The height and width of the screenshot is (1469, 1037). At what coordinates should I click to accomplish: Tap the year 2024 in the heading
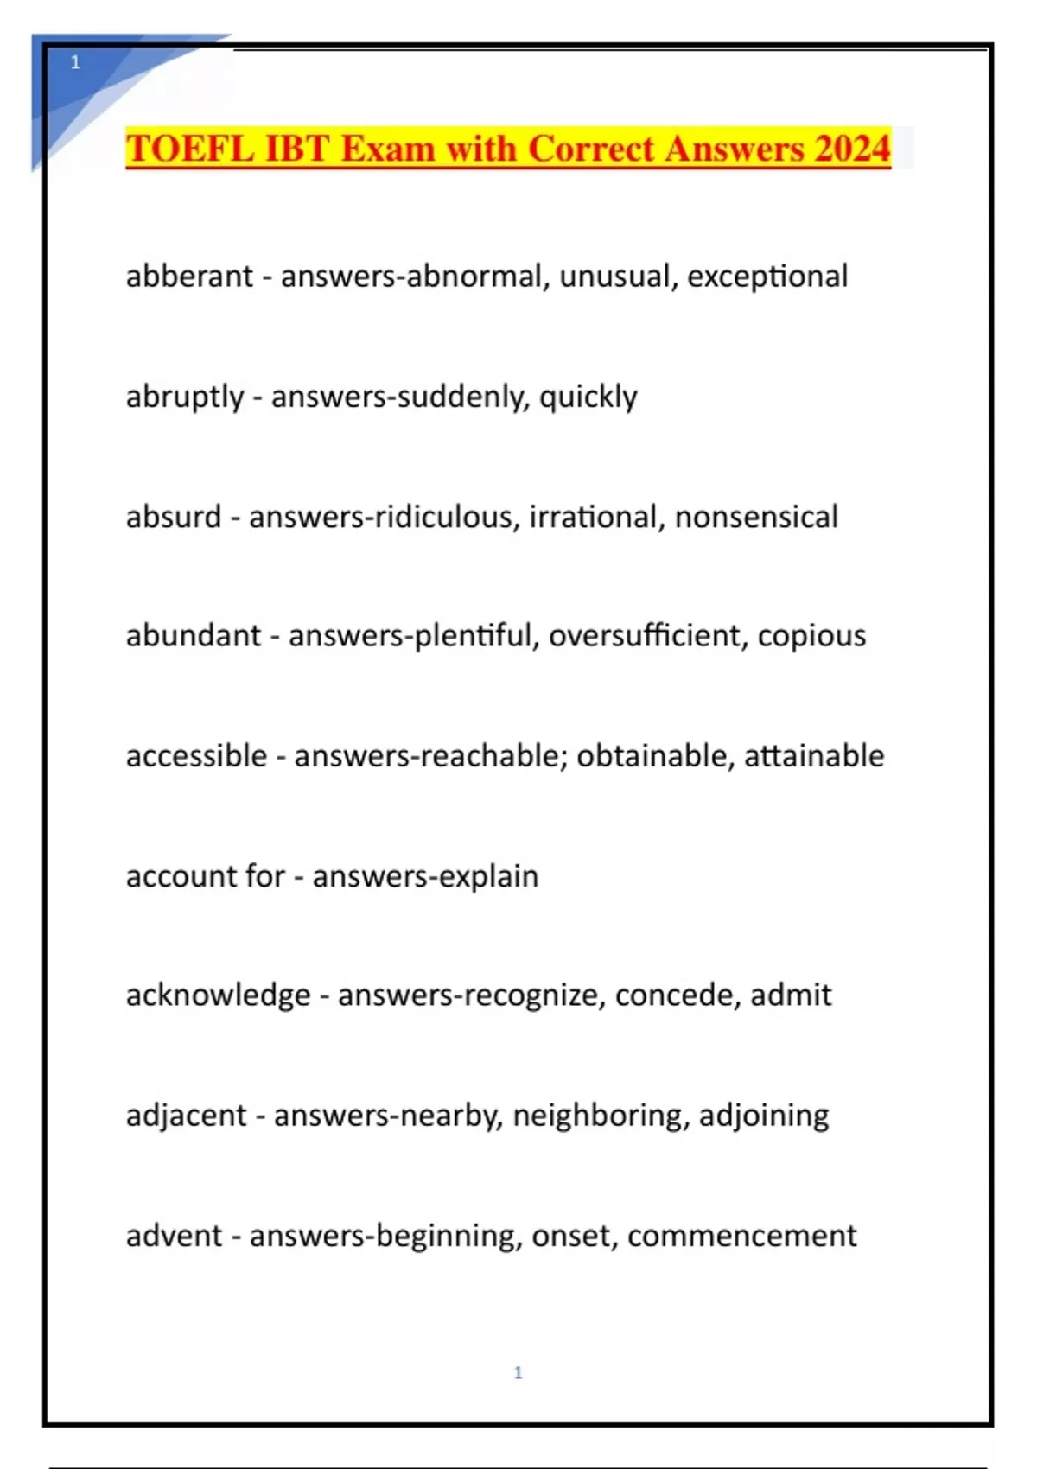851,149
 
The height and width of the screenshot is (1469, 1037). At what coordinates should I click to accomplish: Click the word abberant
189,277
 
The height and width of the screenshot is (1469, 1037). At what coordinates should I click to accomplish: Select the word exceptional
767,277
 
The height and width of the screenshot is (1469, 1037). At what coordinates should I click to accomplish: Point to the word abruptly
185,397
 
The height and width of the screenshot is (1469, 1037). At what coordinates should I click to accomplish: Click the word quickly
588,397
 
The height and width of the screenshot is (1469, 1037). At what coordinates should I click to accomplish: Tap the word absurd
174,517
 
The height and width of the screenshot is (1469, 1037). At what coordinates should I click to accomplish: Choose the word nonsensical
756,517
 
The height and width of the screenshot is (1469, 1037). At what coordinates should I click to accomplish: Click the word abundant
194,636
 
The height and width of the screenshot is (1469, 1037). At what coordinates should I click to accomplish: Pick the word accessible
196,756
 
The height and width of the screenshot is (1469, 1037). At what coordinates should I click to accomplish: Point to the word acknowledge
218,995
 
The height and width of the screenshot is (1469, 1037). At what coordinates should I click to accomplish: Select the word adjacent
187,1116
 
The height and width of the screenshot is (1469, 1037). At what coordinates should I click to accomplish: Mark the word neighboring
601,1116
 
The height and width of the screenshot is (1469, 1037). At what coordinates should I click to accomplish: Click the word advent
175,1236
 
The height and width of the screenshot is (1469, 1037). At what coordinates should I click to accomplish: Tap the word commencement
742,1236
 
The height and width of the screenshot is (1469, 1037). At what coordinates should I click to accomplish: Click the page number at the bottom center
518,1372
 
